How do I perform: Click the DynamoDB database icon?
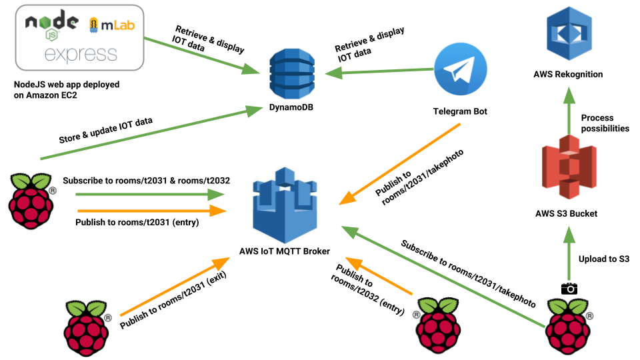click(x=291, y=75)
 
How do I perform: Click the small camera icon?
click(x=569, y=289)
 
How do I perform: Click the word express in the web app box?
click(x=80, y=53)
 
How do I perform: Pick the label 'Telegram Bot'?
click(x=459, y=111)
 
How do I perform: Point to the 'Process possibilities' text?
click(x=605, y=123)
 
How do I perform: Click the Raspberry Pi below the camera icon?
click(x=569, y=323)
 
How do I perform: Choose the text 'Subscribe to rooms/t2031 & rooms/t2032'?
click(x=146, y=181)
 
